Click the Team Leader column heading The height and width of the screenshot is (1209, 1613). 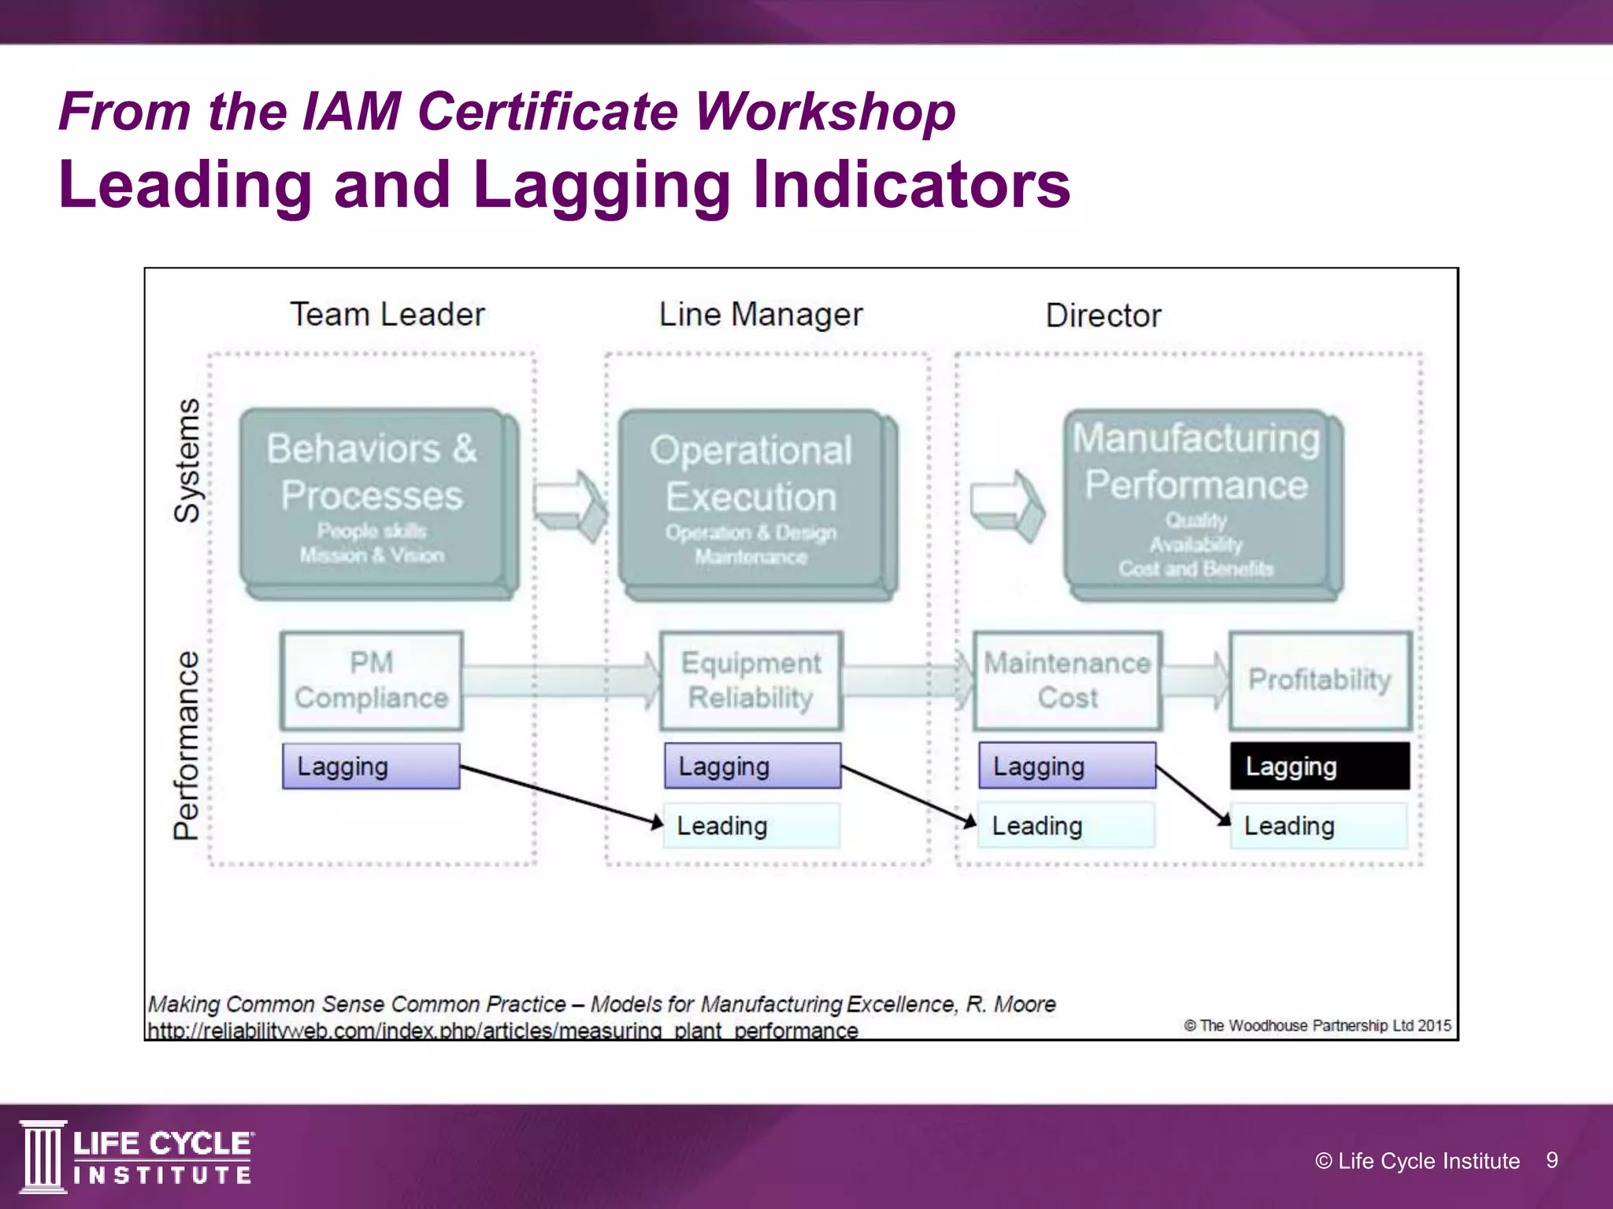pos(387,315)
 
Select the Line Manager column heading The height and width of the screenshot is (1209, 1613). pos(761,315)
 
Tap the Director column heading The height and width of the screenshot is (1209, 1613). pos(1103,316)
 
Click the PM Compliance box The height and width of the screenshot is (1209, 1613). pos(371,680)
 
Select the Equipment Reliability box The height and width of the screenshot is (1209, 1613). pos(751,680)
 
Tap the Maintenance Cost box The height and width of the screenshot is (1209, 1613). pos(1067,680)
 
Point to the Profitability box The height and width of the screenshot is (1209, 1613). pos(1320,680)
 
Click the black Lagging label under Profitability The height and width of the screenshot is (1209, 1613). pos(1320,766)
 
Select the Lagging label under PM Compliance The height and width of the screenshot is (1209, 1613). pos(371,766)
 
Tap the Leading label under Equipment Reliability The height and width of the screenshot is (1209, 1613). pos(751,826)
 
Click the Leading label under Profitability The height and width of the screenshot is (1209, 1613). pos(1318,826)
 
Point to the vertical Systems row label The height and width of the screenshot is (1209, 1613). pos(187,460)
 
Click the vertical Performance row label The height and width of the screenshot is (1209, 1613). pos(187,745)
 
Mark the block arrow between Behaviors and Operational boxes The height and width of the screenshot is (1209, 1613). pos(569,505)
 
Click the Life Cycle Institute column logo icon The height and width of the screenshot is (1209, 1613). pos(43,1156)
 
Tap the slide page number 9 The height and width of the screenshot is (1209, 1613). pos(1552,1160)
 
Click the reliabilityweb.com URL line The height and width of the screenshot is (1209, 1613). pos(502,1030)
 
